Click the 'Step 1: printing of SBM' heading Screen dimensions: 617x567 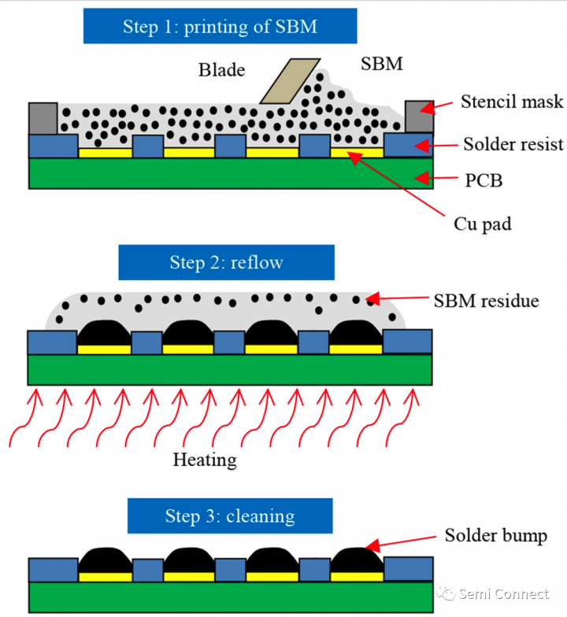tap(220, 26)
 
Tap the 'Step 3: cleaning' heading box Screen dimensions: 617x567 tap(230, 516)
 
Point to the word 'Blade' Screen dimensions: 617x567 tap(221, 70)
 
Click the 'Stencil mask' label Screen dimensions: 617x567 tap(512, 101)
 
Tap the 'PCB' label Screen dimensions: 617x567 tap(483, 181)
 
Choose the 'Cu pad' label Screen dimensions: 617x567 tap(482, 224)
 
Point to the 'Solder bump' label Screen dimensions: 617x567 tap(495, 536)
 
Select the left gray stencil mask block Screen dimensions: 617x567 tap(43, 118)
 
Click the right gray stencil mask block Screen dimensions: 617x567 tap(418, 117)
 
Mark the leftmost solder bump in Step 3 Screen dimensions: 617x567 tap(105, 560)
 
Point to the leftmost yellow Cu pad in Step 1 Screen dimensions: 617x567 tap(105, 152)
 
